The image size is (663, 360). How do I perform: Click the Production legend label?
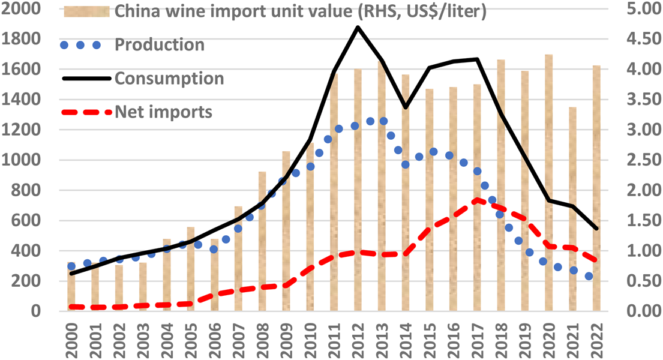pyautogui.click(x=159, y=45)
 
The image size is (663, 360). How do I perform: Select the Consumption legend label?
pyautogui.click(x=169, y=79)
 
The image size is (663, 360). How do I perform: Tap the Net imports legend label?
pyautogui.click(x=163, y=112)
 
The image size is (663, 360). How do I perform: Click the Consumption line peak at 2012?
pyautogui.click(x=358, y=27)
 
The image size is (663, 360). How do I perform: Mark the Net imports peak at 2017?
pyautogui.click(x=476, y=200)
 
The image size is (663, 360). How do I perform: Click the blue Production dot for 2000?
pyautogui.click(x=71, y=266)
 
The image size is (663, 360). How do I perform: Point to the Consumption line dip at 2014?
pyautogui.click(x=406, y=107)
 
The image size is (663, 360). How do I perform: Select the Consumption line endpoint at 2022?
pyautogui.click(x=596, y=229)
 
